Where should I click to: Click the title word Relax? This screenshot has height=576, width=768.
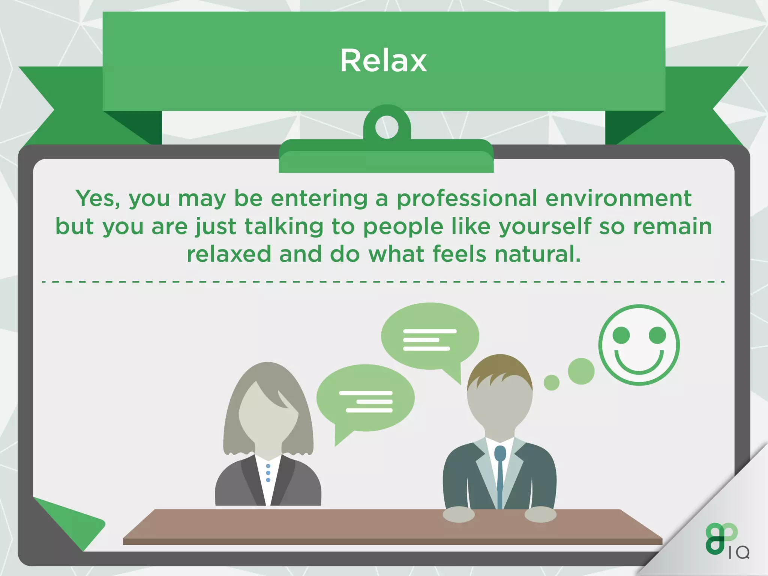point(383,61)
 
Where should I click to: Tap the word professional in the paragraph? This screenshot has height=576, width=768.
point(467,198)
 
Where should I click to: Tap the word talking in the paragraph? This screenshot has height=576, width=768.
point(284,227)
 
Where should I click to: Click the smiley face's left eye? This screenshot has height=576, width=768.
point(621,335)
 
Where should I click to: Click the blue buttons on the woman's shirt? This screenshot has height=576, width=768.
point(268,473)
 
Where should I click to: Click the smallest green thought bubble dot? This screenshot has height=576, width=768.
point(551,382)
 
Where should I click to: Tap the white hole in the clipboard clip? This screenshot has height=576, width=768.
point(387,127)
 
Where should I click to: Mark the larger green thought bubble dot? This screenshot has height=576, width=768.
point(581,371)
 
